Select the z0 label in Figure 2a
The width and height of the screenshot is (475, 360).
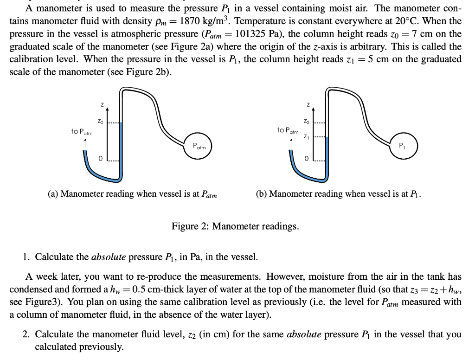100,122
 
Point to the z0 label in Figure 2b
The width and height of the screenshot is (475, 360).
306,122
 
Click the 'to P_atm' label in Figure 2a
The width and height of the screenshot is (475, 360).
82,132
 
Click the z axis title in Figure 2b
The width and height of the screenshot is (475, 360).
307,105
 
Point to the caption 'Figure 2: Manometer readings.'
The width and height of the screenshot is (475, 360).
235,226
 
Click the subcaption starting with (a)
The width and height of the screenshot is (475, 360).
132,193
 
